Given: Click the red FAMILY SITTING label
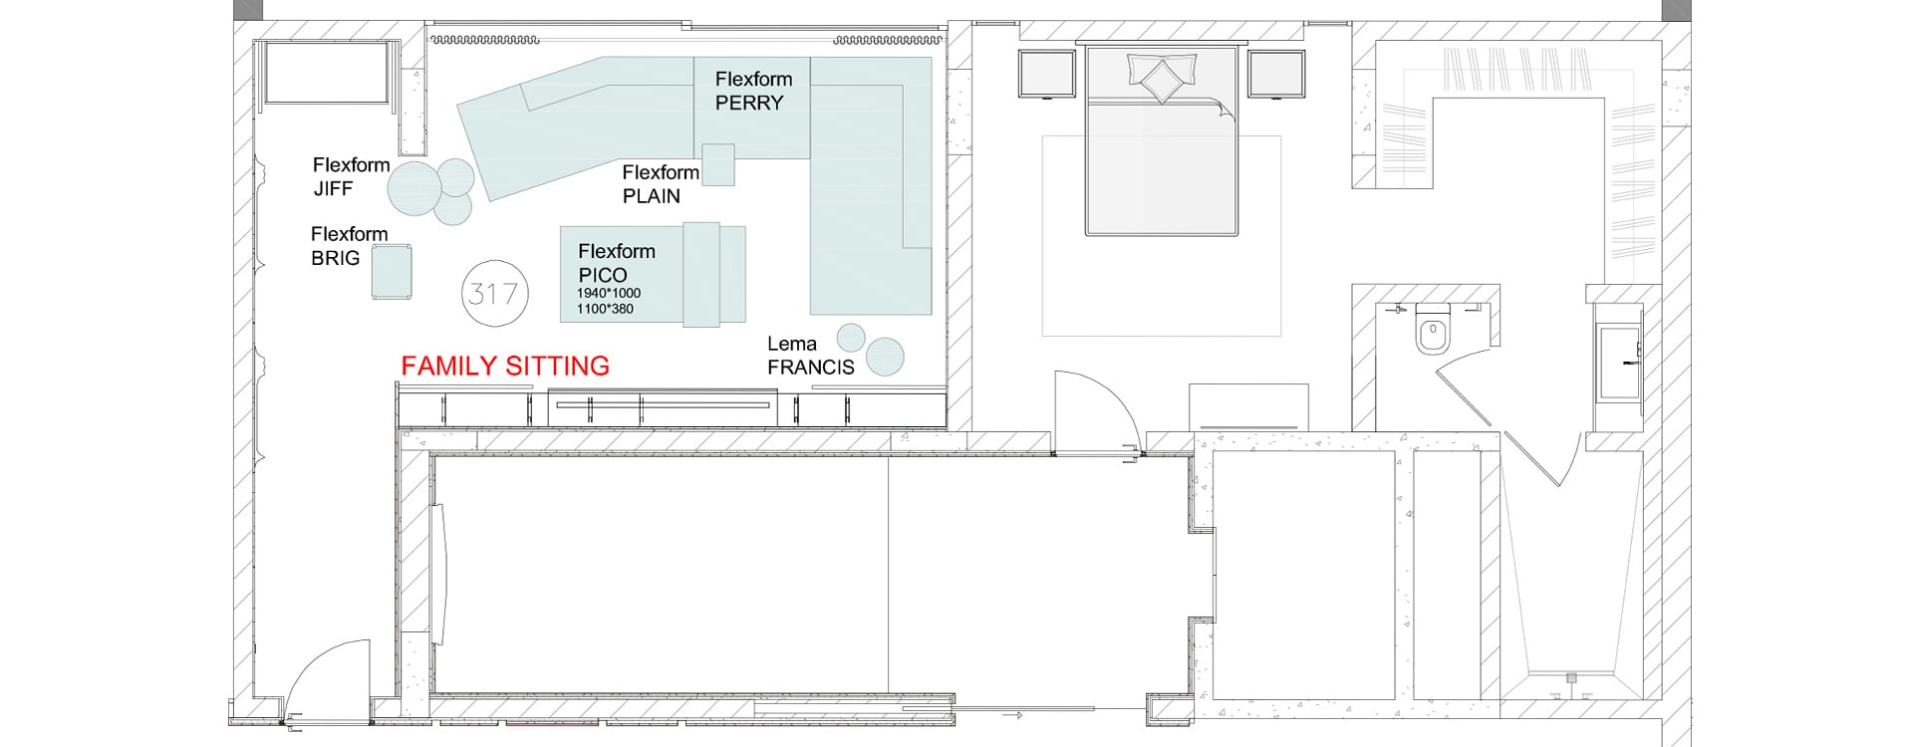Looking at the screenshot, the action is coord(505,367).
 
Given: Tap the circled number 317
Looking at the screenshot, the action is coord(495,294).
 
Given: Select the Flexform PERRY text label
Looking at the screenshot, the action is coord(753,91).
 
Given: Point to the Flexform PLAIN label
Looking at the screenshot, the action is coord(661,184).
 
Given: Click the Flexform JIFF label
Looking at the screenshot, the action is coord(351,176).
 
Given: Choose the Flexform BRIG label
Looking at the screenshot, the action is coord(349,246).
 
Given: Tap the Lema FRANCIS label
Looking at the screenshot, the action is coord(810,356).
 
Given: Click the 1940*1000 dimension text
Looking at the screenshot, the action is coord(609,293).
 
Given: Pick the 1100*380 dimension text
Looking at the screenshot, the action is coord(605,309).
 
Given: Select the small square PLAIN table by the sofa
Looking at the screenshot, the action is coord(718,165).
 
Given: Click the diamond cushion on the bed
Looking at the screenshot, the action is coord(1161,79).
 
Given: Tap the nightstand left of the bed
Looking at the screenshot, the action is coord(1047,75).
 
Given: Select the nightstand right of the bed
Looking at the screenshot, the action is coord(1276,75).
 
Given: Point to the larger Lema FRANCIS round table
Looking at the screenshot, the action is coord(885,357).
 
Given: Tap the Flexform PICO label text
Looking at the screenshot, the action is coord(617,263).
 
